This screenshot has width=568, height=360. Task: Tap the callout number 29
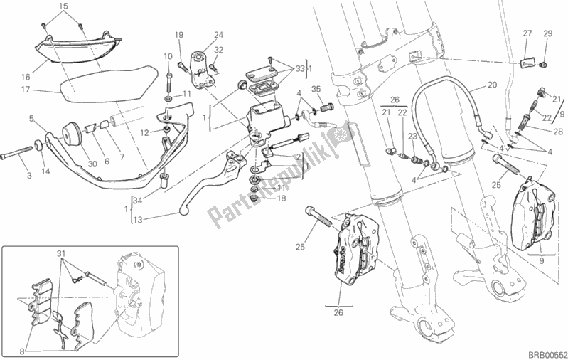[x=547, y=33]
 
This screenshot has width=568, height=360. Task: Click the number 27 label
[x=527, y=33]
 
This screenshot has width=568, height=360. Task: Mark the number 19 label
[x=179, y=34]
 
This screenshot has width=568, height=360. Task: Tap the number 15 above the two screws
[x=63, y=6]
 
